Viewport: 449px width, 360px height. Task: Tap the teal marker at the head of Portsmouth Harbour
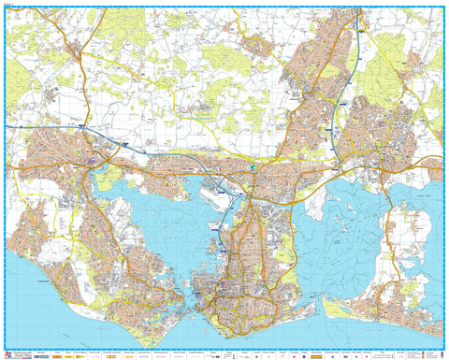[x=252, y=169]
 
